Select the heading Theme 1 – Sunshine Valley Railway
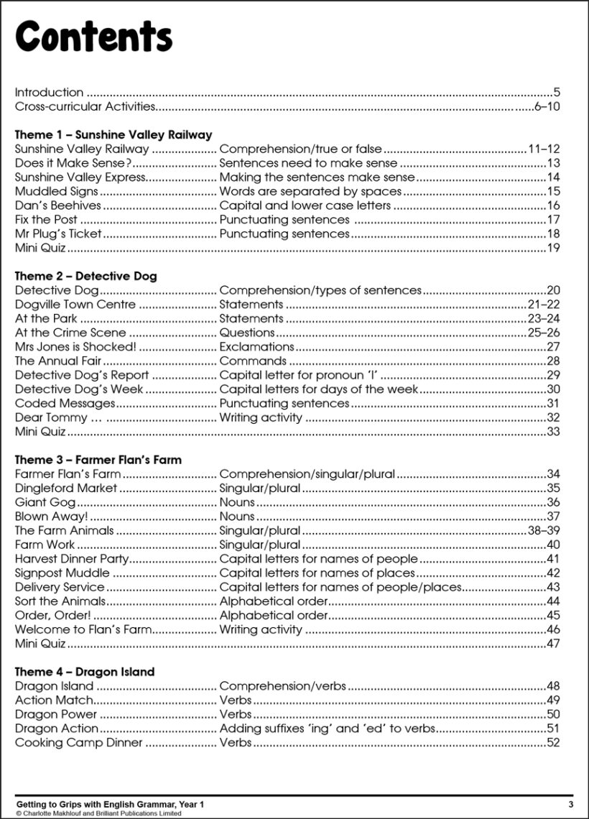click(113, 134)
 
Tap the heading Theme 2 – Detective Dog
click(85, 276)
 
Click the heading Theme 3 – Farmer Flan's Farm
click(98, 459)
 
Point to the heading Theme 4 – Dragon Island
click(85, 672)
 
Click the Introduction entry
click(49, 92)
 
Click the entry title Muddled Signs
click(56, 191)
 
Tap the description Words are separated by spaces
click(310, 191)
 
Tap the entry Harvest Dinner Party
click(72, 559)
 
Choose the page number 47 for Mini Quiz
click(552, 644)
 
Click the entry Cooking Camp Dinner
click(79, 742)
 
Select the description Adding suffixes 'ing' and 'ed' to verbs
click(327, 728)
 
